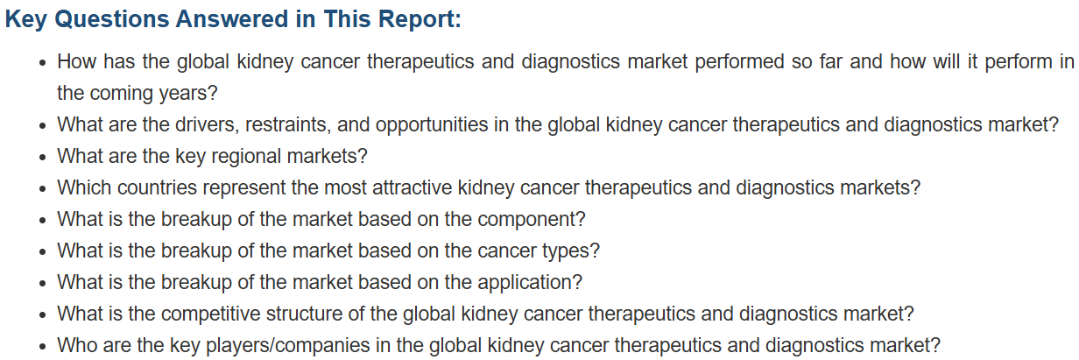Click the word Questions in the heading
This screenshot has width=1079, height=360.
tap(111, 19)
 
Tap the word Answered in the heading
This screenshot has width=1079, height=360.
tap(232, 19)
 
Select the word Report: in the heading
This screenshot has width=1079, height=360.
tap(419, 20)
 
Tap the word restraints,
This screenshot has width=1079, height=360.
tap(288, 125)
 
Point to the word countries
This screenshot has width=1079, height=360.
tap(157, 187)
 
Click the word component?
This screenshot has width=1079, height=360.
tap(532, 220)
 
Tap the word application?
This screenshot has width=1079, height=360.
tap(530, 283)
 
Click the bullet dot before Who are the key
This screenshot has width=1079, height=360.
tap(43, 347)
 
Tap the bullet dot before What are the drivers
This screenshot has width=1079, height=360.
tap(43, 126)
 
